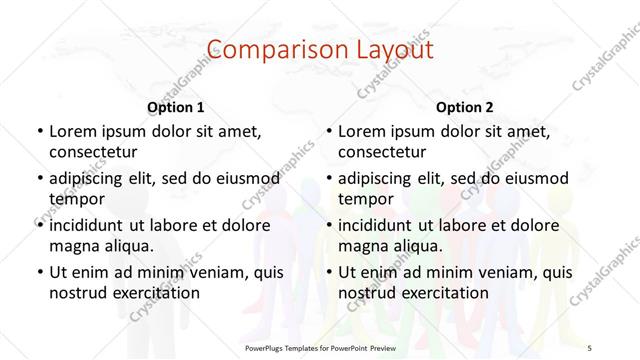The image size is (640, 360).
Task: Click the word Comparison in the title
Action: click(x=264, y=49)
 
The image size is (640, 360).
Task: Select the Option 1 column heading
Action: click(x=176, y=107)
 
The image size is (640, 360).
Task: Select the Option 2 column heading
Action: click(x=465, y=107)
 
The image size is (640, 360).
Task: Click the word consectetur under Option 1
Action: click(x=93, y=152)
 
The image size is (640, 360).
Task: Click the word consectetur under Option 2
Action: click(x=383, y=152)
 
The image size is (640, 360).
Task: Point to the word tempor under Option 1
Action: click(x=75, y=198)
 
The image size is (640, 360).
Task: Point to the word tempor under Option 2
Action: click(x=365, y=198)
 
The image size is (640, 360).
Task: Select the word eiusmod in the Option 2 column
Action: click(x=532, y=178)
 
